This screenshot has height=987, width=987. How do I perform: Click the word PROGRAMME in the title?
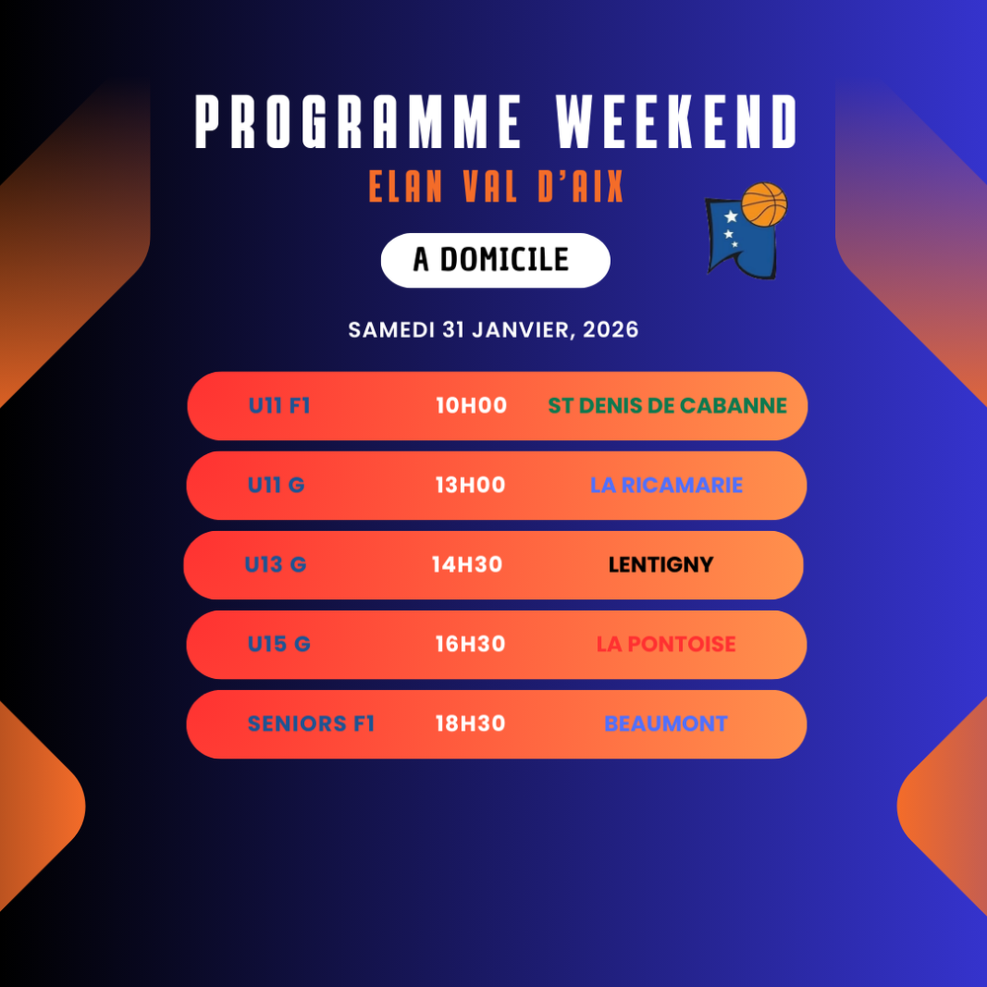tap(357, 121)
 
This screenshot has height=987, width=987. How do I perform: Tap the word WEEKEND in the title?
tap(676, 121)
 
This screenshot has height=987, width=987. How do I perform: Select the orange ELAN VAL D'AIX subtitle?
tap(496, 187)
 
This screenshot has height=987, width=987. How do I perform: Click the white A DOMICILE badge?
tap(495, 261)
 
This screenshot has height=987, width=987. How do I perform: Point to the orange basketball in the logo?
tap(764, 204)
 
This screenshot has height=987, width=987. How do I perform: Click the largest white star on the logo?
tap(730, 216)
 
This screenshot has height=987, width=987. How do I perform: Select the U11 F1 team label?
tap(279, 406)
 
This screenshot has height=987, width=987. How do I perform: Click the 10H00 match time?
tap(472, 406)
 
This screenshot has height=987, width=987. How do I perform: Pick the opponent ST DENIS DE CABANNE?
tap(667, 406)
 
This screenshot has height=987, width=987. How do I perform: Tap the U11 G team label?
tap(276, 485)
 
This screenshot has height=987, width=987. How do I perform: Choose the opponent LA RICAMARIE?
tap(666, 485)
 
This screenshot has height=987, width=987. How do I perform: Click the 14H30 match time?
tap(467, 565)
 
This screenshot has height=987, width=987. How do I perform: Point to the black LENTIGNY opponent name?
tap(661, 565)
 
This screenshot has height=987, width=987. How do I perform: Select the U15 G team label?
tap(279, 644)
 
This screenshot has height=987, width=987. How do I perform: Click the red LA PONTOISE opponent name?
tap(666, 644)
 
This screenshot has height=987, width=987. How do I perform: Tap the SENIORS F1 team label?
tap(311, 723)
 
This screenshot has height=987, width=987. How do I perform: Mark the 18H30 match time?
tap(470, 723)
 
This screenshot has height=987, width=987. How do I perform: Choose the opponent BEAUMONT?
tap(666, 723)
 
